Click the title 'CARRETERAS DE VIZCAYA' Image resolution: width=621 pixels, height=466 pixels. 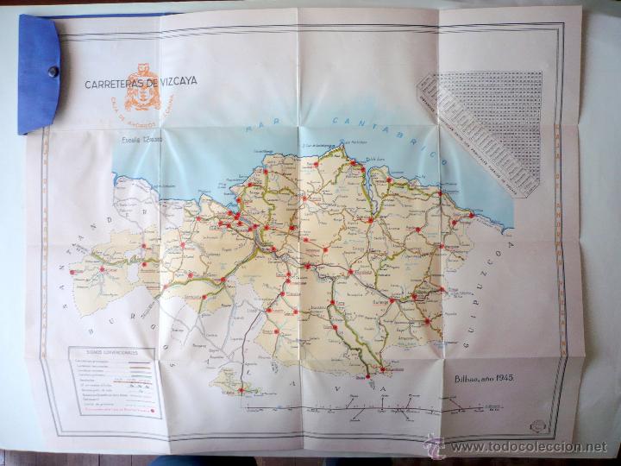(141, 82)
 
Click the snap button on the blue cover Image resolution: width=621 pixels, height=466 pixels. (53, 72)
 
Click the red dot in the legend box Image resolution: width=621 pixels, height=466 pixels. (153, 410)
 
